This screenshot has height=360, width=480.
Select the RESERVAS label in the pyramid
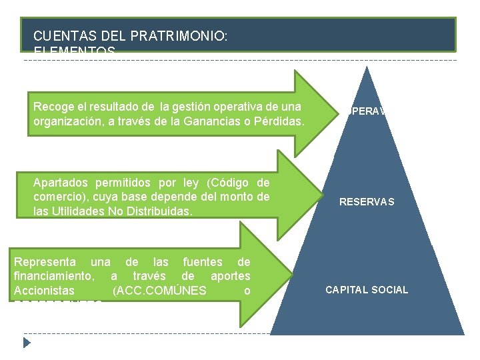point(367,202)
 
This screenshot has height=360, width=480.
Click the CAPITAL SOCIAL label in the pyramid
point(367,290)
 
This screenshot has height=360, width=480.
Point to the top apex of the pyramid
point(367,67)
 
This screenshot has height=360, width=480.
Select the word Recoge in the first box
point(52,107)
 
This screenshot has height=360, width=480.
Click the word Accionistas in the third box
point(44,291)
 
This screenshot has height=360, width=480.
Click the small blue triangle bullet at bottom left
point(27,343)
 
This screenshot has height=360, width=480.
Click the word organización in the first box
point(67,122)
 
